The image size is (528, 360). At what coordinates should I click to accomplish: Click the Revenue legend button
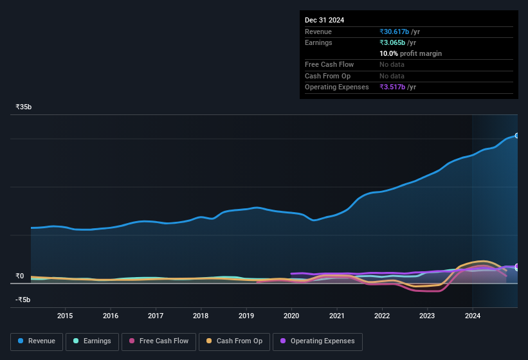pos(36,341)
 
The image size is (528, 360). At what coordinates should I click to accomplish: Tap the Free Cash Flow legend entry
pos(159,341)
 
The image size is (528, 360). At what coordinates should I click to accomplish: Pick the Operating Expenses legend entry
pos(318,341)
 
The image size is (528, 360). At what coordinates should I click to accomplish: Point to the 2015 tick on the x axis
pos(65,316)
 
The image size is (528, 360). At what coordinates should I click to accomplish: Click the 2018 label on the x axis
pos(201,316)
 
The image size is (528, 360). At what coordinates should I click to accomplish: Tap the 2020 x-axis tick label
pos(291,316)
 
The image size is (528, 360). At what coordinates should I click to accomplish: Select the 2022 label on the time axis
pos(382,316)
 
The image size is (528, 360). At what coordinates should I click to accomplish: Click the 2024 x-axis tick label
pos(473,316)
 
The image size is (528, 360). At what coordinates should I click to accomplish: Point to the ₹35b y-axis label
pos(24,107)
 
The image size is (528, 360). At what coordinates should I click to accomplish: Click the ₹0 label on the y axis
pos(20,276)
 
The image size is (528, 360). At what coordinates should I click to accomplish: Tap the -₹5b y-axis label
pos(24,300)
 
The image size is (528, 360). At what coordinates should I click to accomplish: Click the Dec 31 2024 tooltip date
pos(324,20)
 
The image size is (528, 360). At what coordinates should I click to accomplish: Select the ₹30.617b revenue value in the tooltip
pos(399,32)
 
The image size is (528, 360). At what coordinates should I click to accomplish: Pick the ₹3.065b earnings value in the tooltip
pos(397,42)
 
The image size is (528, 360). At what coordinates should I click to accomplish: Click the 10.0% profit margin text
pos(410,53)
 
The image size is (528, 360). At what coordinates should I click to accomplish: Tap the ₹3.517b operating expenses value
pos(397,87)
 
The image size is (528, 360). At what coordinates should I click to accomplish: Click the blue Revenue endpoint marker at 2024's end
pos(516,136)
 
